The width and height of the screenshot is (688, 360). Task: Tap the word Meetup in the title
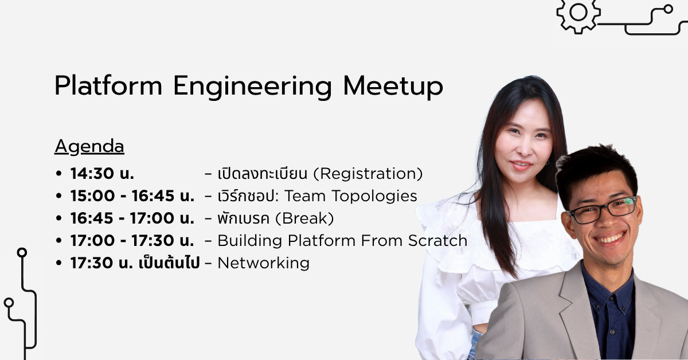393,87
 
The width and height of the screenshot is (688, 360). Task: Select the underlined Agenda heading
89,147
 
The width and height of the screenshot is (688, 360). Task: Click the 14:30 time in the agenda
92,173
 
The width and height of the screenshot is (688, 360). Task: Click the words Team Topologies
350,196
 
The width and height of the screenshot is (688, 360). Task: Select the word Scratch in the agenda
437,241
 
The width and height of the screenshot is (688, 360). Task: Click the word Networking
263,263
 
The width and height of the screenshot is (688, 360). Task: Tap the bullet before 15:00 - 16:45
58,195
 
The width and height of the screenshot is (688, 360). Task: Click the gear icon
578,14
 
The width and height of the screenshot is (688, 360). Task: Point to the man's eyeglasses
602,210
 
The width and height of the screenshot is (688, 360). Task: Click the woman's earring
548,162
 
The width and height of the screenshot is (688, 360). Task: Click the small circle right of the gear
668,9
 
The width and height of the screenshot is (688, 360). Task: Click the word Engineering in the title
252,87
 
